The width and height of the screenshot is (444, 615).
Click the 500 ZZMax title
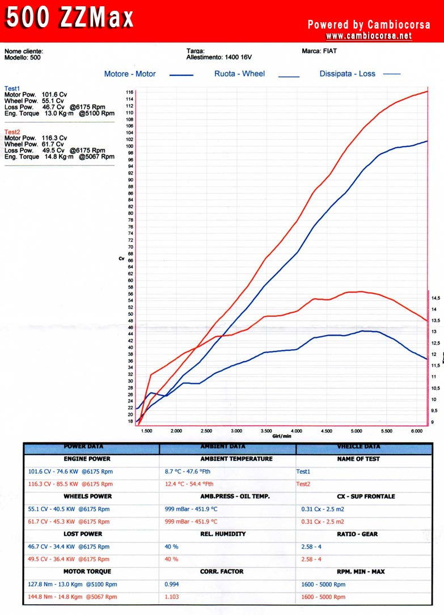(70, 19)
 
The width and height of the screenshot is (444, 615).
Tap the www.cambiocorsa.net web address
(369, 36)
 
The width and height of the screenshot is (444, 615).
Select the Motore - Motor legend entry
(130, 74)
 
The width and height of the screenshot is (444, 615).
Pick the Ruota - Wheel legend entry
(239, 74)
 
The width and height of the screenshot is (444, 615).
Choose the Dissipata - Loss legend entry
(347, 74)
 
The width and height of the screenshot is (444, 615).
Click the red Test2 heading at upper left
(12, 132)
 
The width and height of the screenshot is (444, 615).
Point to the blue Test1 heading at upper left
(12, 88)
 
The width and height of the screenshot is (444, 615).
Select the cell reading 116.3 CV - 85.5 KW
(70, 484)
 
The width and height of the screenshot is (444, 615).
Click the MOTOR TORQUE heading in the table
(87, 571)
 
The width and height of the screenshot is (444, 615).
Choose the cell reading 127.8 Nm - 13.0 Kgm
(73, 584)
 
